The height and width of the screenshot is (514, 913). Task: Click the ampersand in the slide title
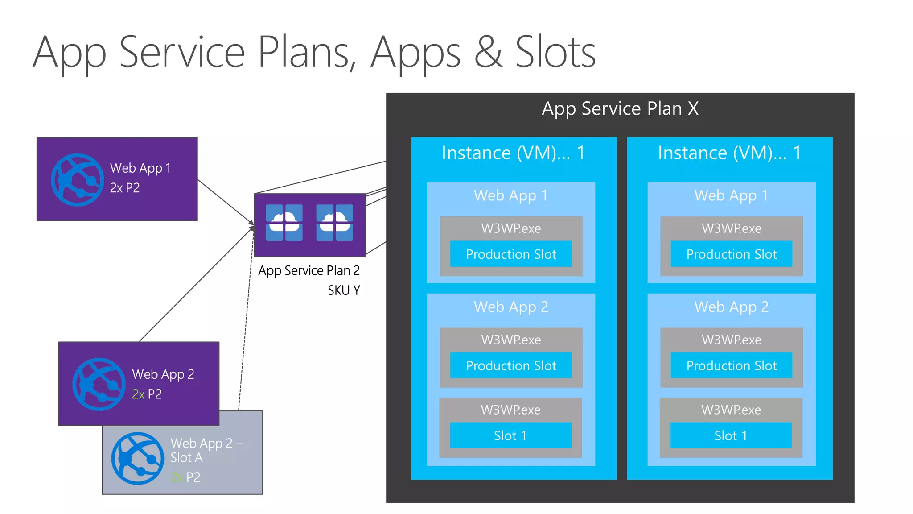point(488,53)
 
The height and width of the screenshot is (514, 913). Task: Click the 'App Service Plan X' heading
point(620,108)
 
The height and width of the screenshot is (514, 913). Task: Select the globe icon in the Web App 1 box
point(77,180)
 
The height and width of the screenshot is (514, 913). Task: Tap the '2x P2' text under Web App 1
point(125,188)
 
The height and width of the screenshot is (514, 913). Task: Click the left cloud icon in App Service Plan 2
point(284,222)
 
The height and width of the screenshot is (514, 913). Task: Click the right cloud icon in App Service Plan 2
point(334,222)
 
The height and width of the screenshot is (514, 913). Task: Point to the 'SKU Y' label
point(343,290)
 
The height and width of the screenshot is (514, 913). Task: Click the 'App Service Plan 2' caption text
point(308,270)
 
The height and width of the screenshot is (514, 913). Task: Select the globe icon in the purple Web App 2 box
point(99,384)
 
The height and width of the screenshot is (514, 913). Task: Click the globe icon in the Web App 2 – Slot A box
point(137,458)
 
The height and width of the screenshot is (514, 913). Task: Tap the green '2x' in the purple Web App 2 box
point(138,394)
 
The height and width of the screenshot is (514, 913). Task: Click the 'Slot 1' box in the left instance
point(510,435)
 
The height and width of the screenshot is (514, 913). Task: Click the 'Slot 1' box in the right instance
point(731,435)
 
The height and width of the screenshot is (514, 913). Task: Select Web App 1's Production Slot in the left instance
point(511,254)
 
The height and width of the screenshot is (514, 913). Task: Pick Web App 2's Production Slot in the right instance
point(731,365)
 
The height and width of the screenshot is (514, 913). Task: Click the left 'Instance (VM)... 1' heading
point(513,153)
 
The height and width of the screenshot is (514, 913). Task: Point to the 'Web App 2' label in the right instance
point(731,307)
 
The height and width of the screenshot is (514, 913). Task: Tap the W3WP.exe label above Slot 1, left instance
point(510,410)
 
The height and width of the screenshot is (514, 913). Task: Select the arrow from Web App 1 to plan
point(225,201)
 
